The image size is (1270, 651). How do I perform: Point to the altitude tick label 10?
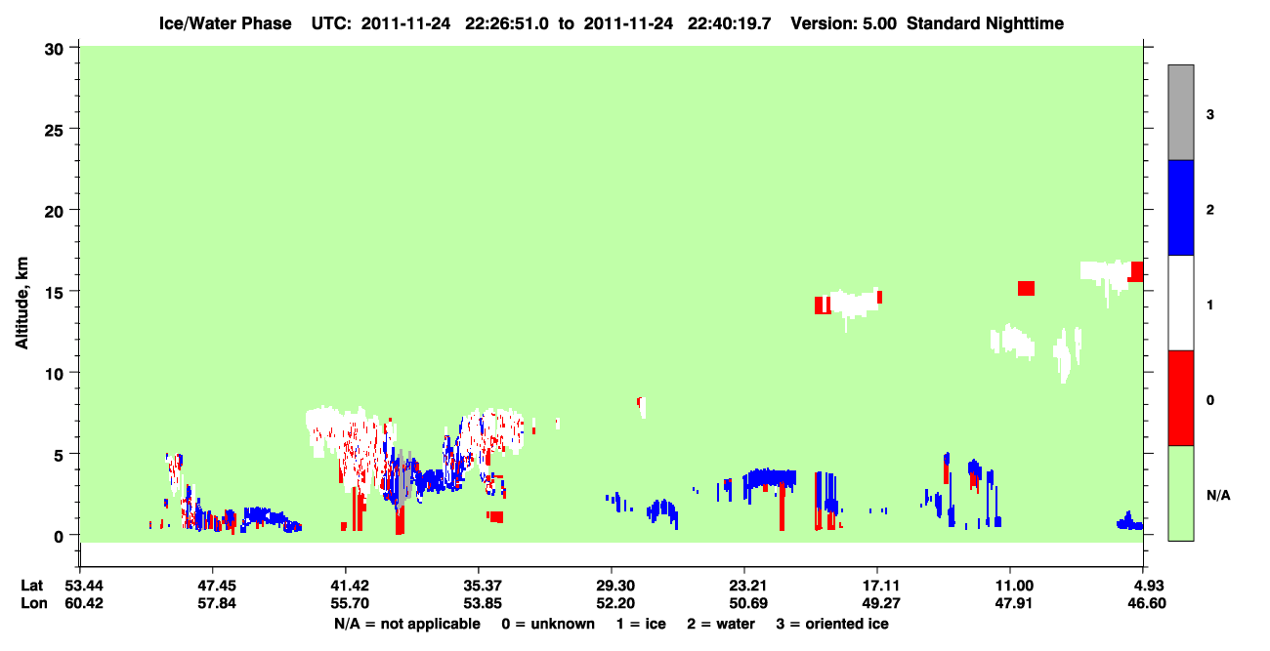tap(54, 375)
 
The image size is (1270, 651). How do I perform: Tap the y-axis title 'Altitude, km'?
tap(21, 304)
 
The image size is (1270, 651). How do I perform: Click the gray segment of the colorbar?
tap(1180, 112)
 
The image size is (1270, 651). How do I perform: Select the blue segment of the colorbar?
tap(1180, 207)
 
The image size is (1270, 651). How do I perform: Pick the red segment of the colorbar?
tap(1180, 398)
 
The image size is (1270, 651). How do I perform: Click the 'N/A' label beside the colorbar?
tap(1218, 495)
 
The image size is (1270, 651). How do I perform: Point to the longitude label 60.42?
tap(84, 603)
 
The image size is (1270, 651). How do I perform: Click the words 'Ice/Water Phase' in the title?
tap(225, 23)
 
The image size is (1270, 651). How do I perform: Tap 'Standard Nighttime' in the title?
tap(985, 23)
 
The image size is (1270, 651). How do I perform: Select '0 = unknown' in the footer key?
tap(548, 624)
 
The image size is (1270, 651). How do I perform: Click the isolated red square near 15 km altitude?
tap(1026, 288)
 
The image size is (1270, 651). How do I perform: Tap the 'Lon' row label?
tap(34, 603)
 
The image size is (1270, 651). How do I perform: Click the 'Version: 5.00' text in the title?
tap(844, 23)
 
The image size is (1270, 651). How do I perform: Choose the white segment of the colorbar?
tap(1180, 303)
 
